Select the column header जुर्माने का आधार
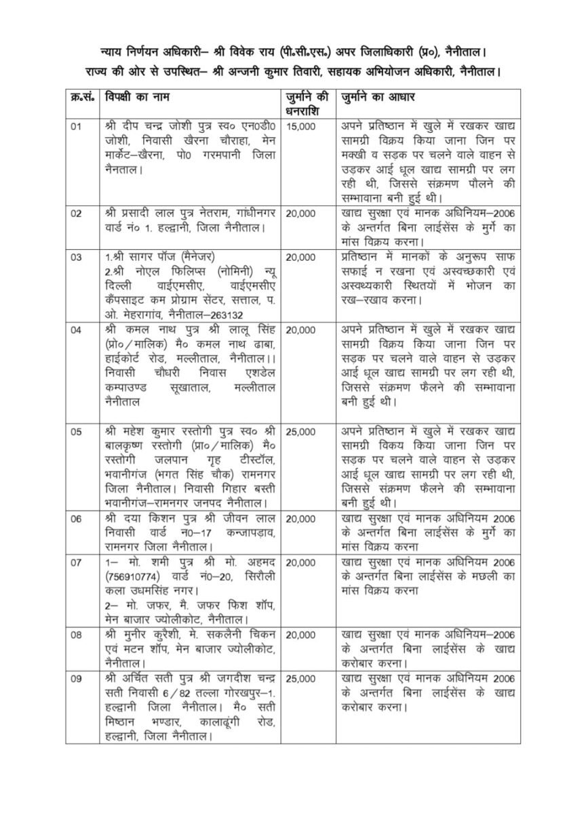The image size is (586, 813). [x=377, y=99]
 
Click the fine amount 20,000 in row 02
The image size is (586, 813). [x=302, y=213]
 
